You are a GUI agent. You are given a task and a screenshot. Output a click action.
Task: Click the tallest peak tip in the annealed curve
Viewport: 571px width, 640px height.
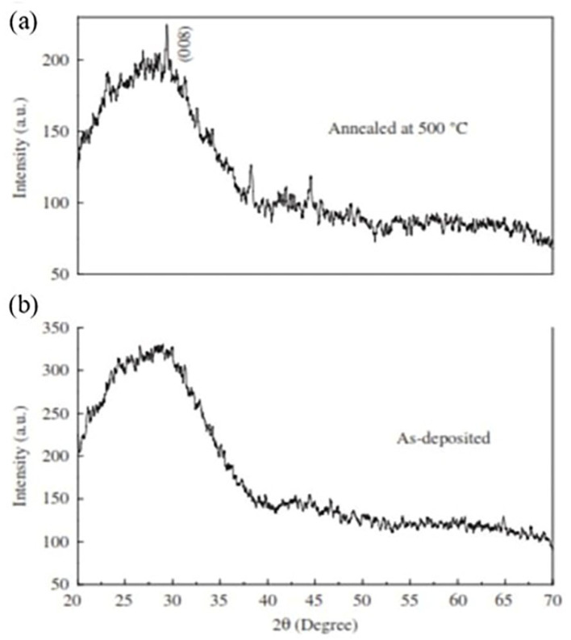coord(167,26)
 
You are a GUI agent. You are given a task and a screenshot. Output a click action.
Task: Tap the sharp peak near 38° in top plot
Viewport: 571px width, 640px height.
coord(251,165)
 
